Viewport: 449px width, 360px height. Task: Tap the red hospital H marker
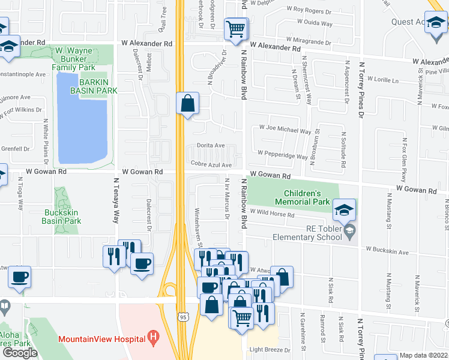pos(154,338)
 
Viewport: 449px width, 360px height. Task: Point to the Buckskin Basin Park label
pos(62,217)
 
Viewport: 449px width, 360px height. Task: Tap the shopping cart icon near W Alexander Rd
pos(236,28)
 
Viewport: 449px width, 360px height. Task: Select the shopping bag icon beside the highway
pos(188,103)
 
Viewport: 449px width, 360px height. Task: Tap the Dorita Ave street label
pos(211,146)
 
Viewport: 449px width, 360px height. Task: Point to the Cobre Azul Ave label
pos(211,164)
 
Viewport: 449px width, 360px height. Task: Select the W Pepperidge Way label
pos(282,155)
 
